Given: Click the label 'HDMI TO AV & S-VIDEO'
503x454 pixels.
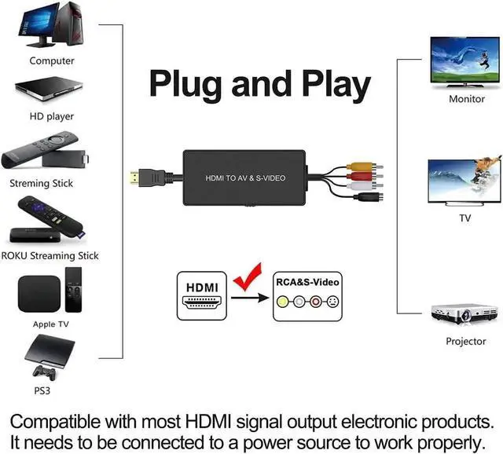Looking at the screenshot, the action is (x=245, y=178).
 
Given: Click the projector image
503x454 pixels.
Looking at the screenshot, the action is (x=464, y=313).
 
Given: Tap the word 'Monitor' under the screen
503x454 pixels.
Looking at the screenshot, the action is (x=466, y=100).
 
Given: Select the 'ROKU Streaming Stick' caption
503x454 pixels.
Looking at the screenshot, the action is (x=50, y=255).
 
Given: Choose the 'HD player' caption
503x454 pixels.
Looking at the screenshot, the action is (x=52, y=116).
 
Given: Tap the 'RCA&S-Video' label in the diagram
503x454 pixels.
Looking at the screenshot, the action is (x=308, y=280).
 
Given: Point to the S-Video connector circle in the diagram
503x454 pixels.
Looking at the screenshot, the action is (x=332, y=302).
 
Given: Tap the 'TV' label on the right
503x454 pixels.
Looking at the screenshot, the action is (x=464, y=218).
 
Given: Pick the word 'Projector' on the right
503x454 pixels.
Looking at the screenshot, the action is (x=465, y=341).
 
